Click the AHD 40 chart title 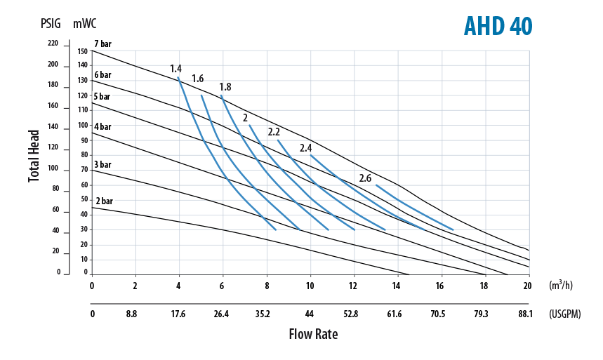point(498,26)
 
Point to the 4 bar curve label point(102,126)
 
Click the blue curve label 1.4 point(175,69)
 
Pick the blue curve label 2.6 point(365,178)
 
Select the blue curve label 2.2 point(274,132)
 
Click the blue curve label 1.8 point(225,87)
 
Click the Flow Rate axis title point(313,334)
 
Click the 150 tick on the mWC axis point(83,51)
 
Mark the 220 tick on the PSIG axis point(53,44)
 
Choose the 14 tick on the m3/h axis point(397,286)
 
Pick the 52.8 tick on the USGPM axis point(351,314)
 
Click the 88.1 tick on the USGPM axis point(525,314)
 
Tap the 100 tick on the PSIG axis point(53,169)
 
